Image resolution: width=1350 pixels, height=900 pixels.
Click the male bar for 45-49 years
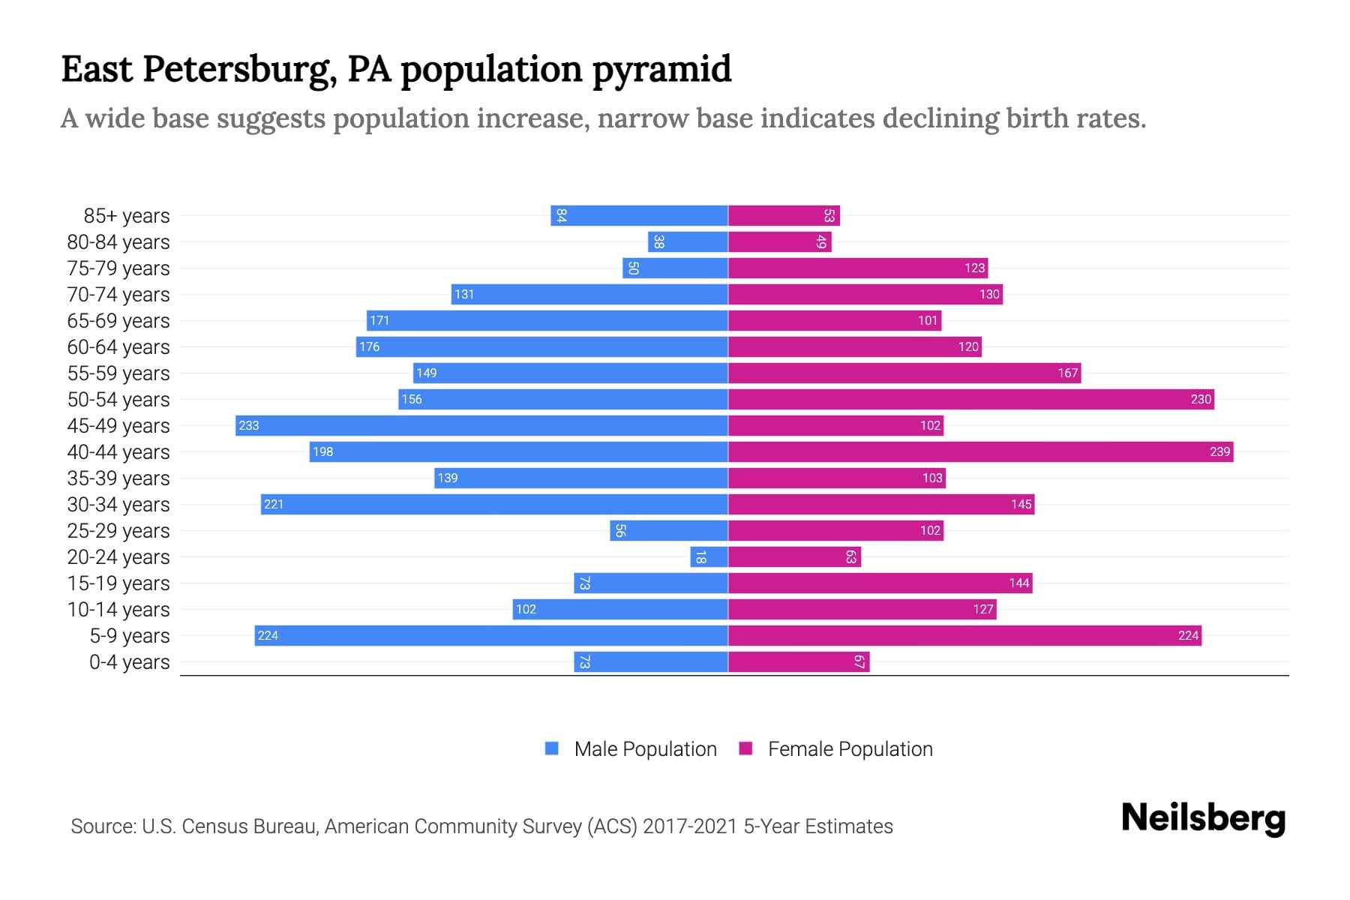(x=481, y=425)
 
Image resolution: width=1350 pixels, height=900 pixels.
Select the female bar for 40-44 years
(x=980, y=451)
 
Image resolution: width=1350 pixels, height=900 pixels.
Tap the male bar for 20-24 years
(x=709, y=556)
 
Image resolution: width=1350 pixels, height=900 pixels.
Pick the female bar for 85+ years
(x=784, y=215)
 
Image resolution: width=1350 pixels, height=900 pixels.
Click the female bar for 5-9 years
(x=964, y=635)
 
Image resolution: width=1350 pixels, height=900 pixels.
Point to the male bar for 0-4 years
(x=651, y=661)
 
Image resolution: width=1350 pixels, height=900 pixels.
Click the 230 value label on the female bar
(x=1201, y=399)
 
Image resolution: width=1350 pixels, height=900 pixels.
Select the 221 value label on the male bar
(x=274, y=504)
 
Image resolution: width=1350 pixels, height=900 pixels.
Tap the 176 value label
(x=369, y=346)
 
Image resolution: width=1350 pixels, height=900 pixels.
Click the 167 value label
(x=1067, y=373)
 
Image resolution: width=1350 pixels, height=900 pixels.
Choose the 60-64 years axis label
(x=118, y=346)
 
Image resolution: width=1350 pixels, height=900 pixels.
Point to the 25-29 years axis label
(x=118, y=530)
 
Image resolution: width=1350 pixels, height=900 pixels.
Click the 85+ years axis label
(x=127, y=215)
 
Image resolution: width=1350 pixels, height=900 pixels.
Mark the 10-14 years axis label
(x=118, y=609)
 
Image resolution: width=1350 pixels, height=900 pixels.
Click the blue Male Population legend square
(x=552, y=748)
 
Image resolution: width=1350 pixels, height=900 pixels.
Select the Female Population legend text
(x=850, y=748)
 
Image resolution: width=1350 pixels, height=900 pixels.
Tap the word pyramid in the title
(x=661, y=69)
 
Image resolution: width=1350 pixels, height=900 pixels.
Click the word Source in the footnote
(x=103, y=826)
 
